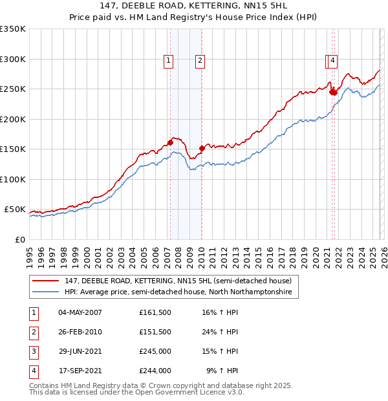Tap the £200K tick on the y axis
tap(13, 119)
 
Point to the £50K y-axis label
tap(15, 210)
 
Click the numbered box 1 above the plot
tap(168, 61)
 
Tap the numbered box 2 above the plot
tap(200, 61)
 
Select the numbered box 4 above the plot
tap(332, 61)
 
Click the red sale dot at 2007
tap(170, 142)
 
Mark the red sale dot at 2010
tap(202, 148)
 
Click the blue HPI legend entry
tap(178, 292)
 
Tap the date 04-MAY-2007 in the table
tap(80, 312)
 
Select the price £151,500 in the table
tap(155, 332)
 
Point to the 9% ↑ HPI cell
tap(222, 371)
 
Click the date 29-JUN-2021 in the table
tap(80, 352)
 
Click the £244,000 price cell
tap(155, 371)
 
